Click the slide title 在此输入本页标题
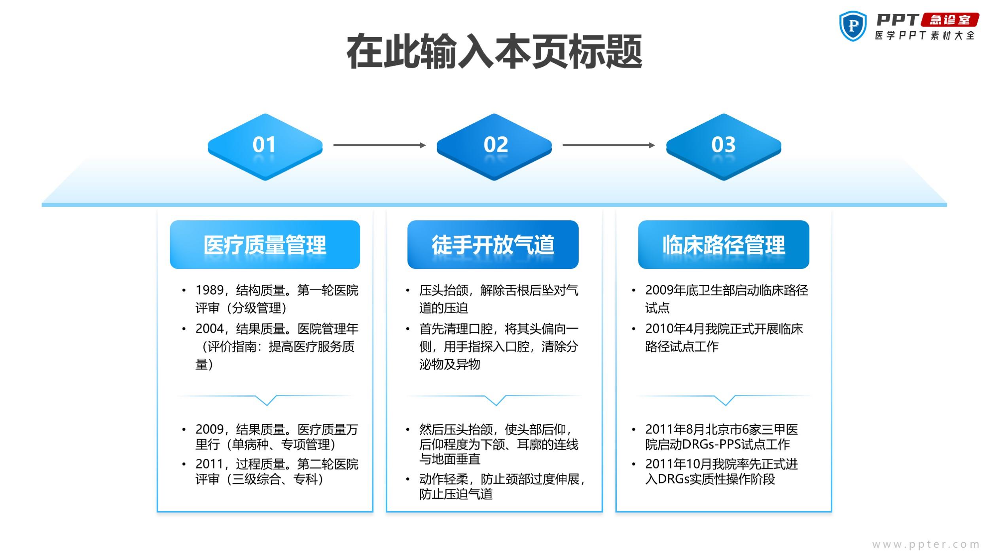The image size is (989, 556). pyautogui.click(x=494, y=52)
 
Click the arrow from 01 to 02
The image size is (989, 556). pyautogui.click(x=379, y=145)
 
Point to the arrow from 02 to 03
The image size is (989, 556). pyautogui.click(x=608, y=145)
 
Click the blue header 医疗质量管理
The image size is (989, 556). pyautogui.click(x=265, y=244)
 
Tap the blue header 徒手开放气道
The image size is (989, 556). pyautogui.click(x=493, y=244)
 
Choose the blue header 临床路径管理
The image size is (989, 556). pyautogui.click(x=724, y=244)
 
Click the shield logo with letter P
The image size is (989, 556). pyautogui.click(x=853, y=26)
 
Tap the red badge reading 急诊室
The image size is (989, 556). pyautogui.click(x=950, y=20)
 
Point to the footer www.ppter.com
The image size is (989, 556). pyautogui.click(x=926, y=545)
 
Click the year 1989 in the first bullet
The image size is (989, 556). pyautogui.click(x=210, y=290)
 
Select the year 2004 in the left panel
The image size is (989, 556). pyautogui.click(x=210, y=329)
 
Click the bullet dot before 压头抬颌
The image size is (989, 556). pyautogui.click(x=407, y=291)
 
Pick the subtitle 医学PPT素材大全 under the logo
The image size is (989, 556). pyautogui.click(x=925, y=36)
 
